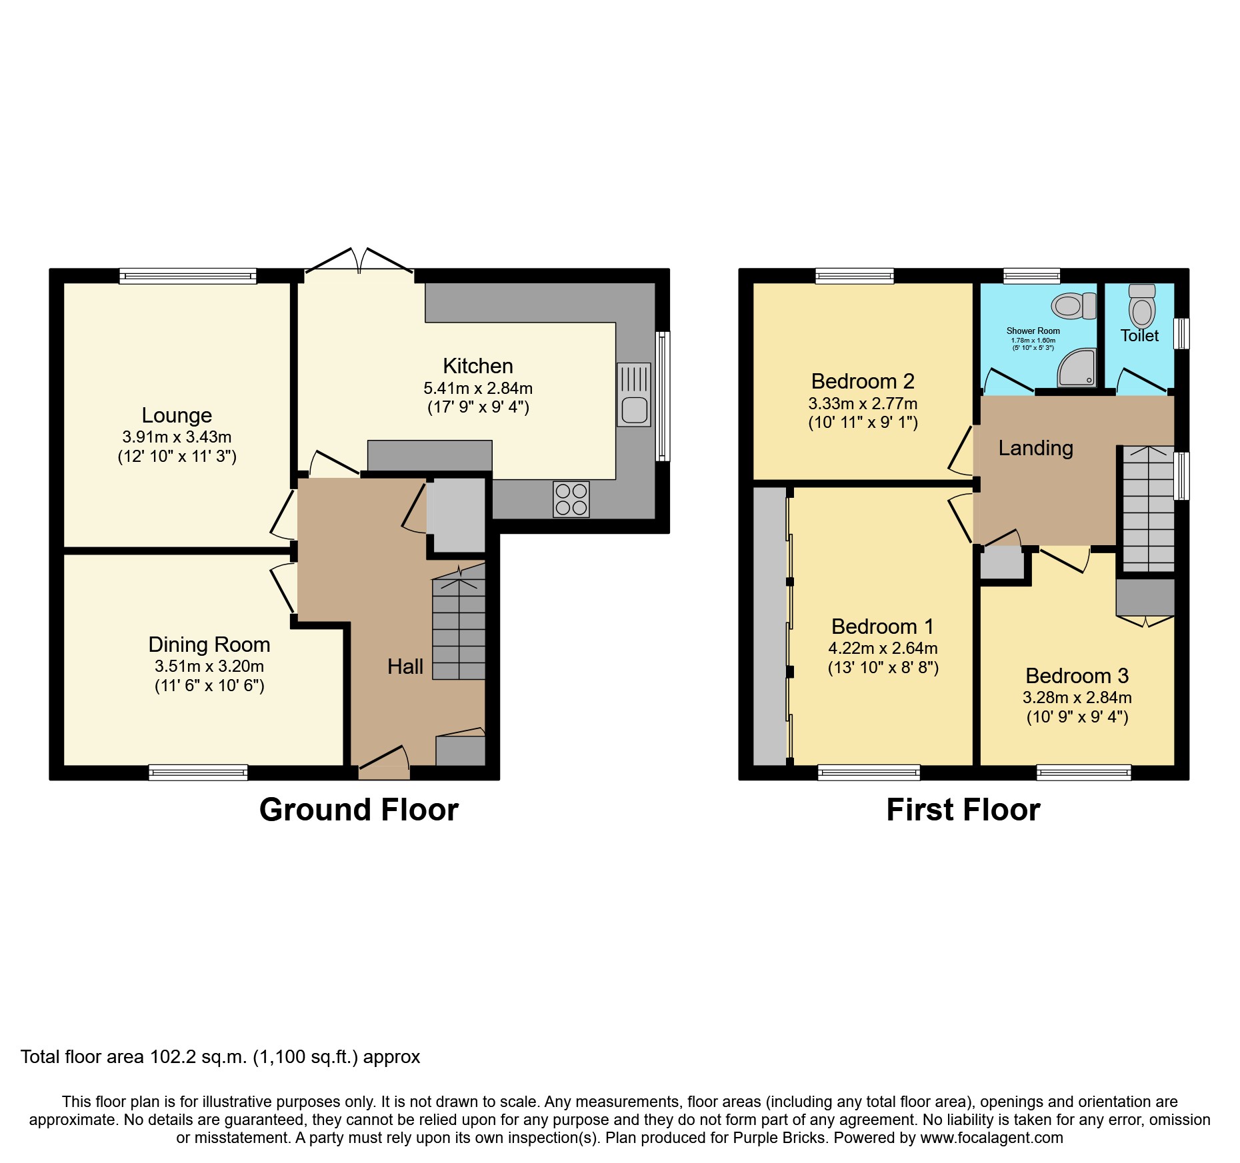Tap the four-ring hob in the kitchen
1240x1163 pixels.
(571, 499)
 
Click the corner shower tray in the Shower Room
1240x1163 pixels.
(1077, 367)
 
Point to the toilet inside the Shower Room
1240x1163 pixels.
(1073, 306)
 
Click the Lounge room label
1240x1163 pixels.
(177, 415)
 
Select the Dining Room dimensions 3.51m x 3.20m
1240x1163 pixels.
(209, 666)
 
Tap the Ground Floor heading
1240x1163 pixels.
(359, 810)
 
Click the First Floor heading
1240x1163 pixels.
(963, 810)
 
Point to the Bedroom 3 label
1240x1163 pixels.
(1077, 676)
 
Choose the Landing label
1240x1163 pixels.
(1035, 448)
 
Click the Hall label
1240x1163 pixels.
(405, 666)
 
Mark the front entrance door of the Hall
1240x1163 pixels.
(384, 766)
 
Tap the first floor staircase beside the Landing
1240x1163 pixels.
(1148, 510)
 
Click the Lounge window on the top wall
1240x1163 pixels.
(188, 276)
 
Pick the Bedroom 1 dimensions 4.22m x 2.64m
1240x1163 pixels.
(883, 648)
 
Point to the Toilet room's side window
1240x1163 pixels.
(1181, 333)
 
